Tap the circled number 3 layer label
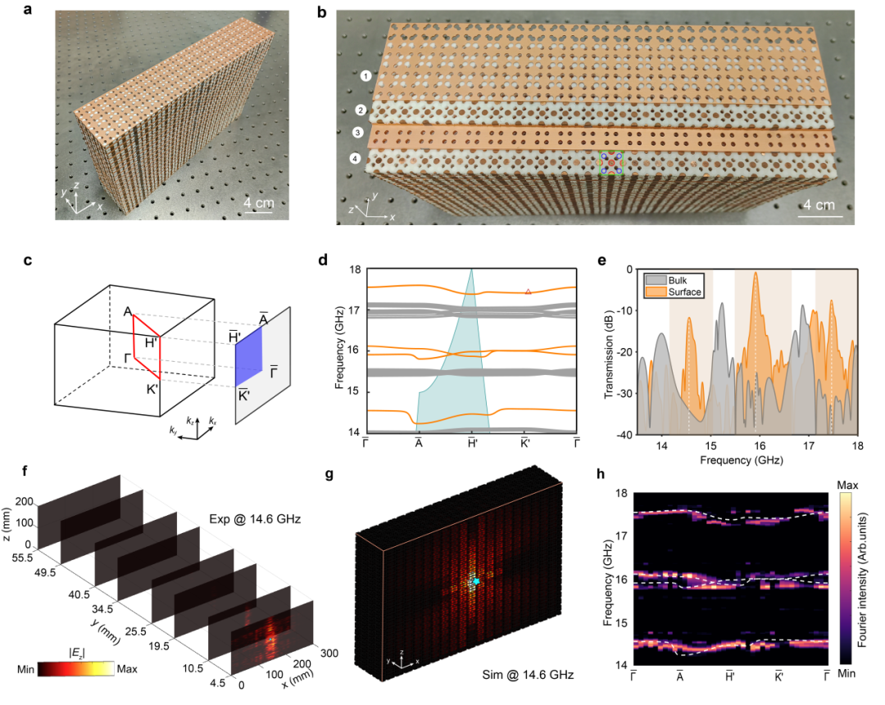357,133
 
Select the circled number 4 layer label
354,158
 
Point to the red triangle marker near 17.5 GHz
529,291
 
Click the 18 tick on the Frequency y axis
355,270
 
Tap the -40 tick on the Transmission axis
624,434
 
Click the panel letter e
603,262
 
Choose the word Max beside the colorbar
125,669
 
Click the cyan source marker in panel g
475,581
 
